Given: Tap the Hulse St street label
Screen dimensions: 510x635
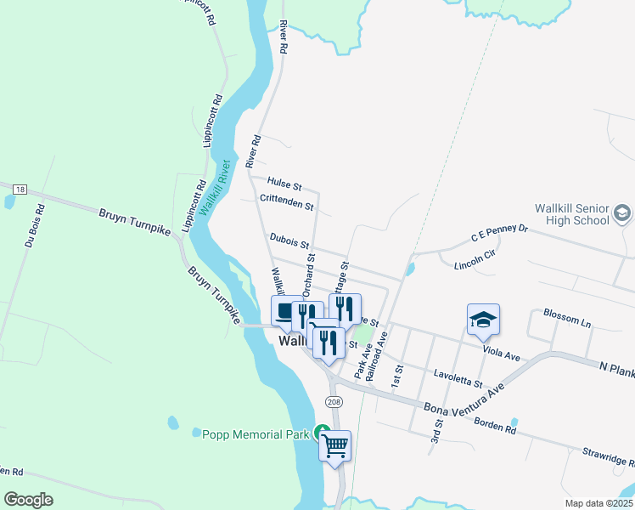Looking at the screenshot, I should tap(284, 183).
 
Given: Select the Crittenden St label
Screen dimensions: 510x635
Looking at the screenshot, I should tap(287, 202).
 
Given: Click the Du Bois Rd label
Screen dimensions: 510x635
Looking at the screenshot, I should tap(32, 225).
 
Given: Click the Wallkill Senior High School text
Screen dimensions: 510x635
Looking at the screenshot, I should tap(572, 214).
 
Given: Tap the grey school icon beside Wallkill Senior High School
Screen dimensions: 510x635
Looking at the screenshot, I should tap(622, 212).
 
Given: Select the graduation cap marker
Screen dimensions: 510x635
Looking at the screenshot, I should tap(483, 320).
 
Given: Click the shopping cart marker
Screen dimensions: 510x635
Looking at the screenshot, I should tap(335, 445).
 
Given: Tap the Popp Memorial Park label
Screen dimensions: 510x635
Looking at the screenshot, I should tap(254, 434).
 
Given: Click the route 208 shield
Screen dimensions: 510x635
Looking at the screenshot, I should tap(333, 400).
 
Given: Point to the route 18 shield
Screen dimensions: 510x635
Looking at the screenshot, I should tap(20, 188).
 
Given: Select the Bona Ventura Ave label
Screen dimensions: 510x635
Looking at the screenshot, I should tap(464, 399).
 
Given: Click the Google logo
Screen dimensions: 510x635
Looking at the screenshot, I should tap(29, 499).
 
